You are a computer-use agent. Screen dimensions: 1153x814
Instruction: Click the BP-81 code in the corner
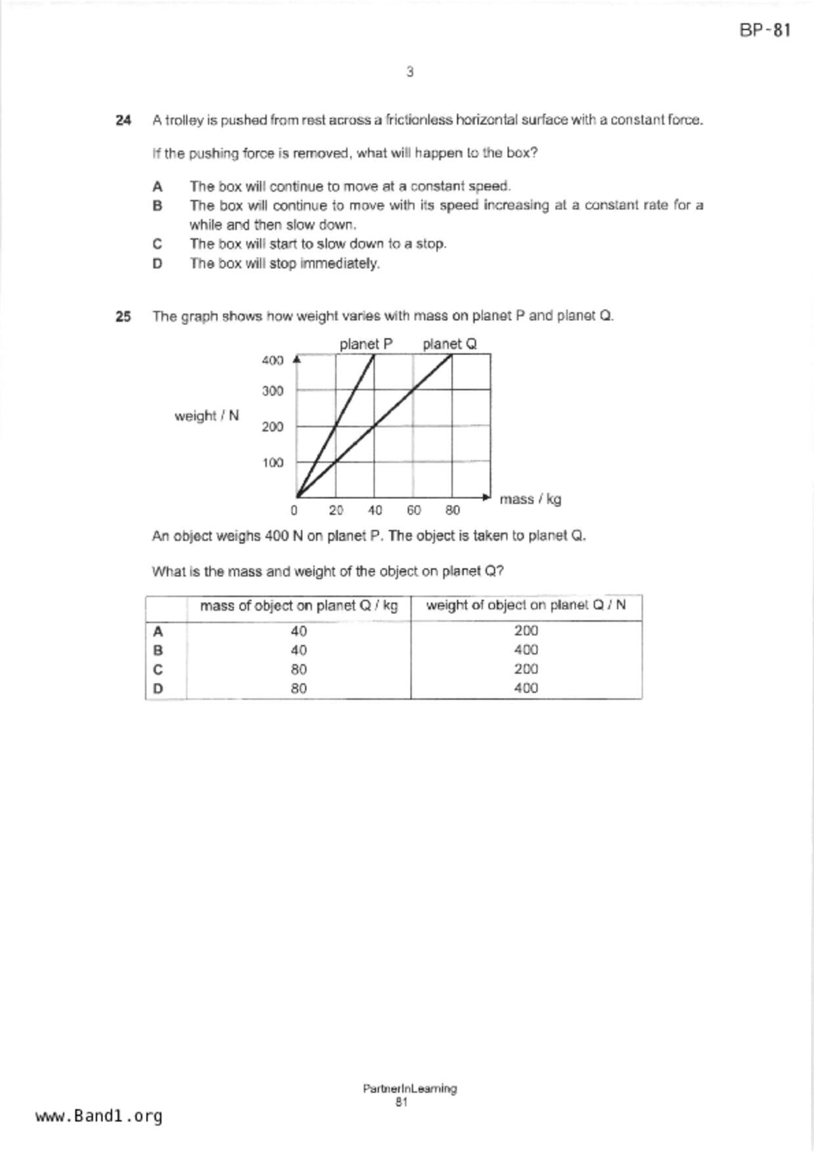pos(765,30)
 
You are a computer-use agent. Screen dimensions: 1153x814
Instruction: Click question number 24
pos(123,120)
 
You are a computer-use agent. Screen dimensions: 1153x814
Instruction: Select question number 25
pos(123,316)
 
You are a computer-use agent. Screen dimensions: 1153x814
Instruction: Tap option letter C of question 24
pos(157,244)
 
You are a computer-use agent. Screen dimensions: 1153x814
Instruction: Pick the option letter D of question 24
pos(157,264)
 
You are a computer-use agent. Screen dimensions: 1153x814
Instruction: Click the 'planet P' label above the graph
pos(366,344)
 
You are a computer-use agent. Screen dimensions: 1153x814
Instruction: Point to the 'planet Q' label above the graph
pos(449,344)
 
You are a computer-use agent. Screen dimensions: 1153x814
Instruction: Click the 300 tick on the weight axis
pos(273,391)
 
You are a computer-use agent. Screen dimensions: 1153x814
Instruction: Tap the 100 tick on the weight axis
pos(273,463)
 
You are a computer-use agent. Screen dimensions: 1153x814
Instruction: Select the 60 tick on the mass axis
pos(414,510)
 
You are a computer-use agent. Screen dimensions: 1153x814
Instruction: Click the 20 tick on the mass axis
pos(336,510)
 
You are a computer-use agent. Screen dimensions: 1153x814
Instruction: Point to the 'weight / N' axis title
pos(206,415)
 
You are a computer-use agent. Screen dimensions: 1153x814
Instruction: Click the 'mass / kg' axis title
pos(530,499)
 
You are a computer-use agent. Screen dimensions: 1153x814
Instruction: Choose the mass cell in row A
pos(298,631)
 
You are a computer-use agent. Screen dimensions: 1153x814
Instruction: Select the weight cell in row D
pos(526,688)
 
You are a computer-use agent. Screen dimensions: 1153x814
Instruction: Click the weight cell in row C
pos(526,669)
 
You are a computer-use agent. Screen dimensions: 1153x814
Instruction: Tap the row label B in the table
pos(158,650)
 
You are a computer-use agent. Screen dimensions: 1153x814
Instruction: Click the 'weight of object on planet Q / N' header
pos(526,605)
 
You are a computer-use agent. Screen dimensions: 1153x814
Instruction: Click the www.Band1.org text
pos(99,1116)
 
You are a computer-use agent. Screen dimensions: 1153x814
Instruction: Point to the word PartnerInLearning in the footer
pos(409,1089)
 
